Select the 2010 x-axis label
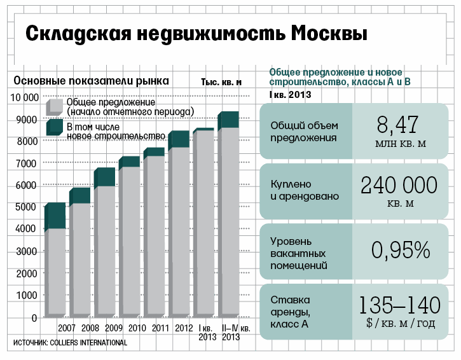(x=137, y=328)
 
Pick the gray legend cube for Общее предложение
(x=55, y=106)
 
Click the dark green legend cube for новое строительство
(x=55, y=128)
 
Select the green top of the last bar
(x=228, y=120)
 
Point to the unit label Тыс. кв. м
(x=222, y=82)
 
